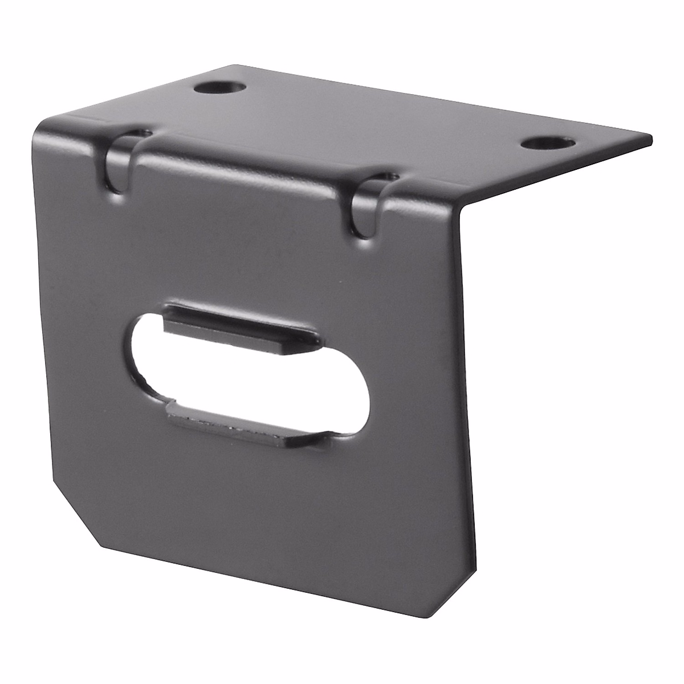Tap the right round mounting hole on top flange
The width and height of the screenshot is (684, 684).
tap(547, 142)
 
